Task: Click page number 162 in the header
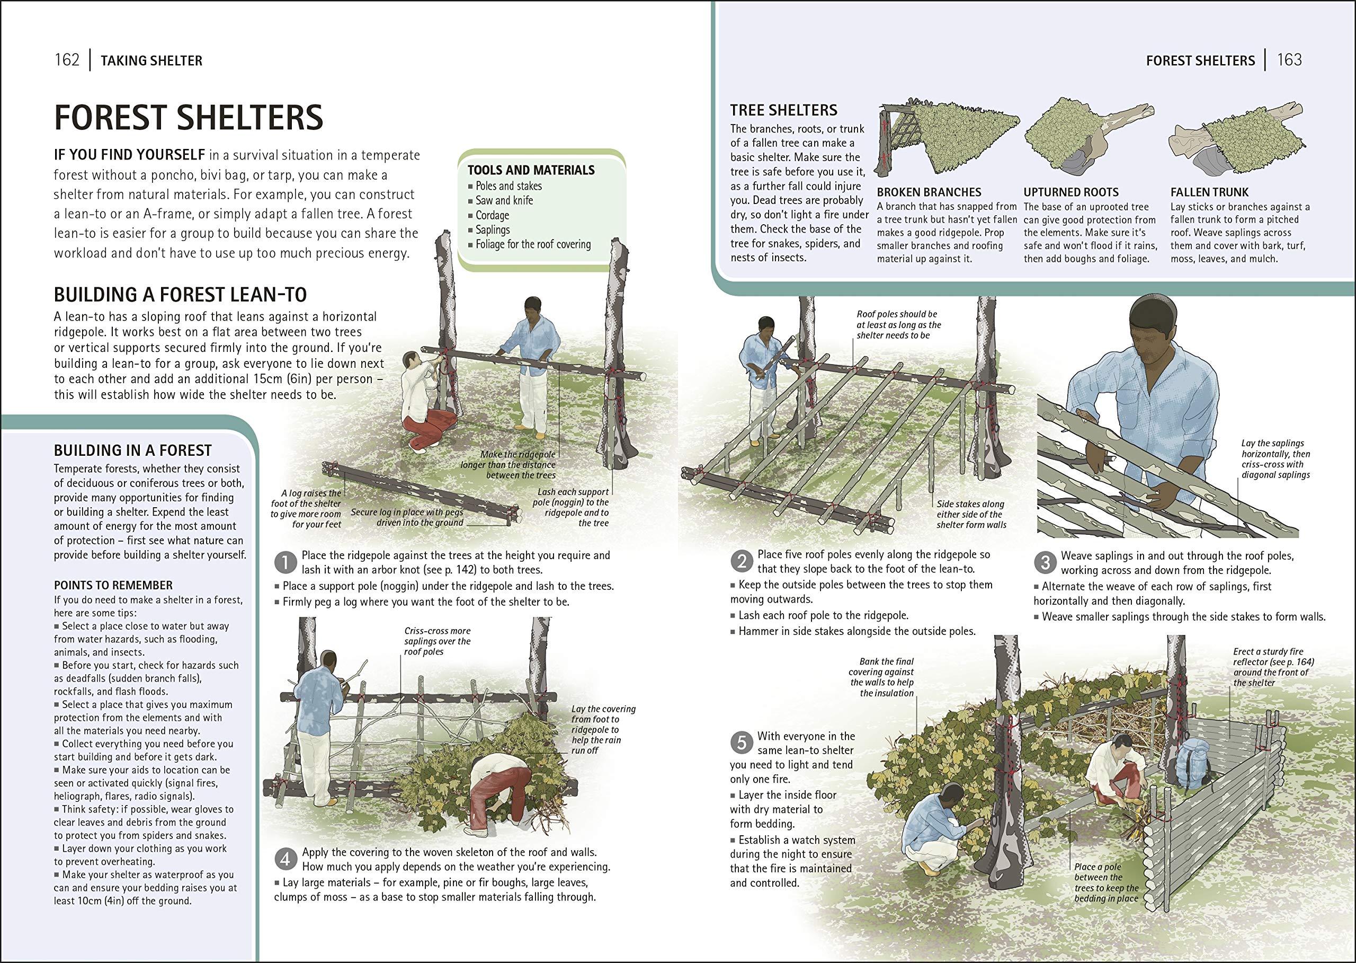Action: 67,60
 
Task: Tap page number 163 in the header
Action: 1289,60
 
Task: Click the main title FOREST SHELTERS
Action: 189,118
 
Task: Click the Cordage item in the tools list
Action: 492,215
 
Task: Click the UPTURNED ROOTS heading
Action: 1071,192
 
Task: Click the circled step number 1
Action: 286,562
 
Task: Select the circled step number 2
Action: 742,561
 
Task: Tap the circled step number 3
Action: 1045,562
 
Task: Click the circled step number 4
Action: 286,859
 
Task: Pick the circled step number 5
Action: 742,743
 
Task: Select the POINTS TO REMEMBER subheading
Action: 113,585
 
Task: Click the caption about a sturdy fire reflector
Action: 1273,667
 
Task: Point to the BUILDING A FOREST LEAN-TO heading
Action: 180,295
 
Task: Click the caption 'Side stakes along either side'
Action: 971,514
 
